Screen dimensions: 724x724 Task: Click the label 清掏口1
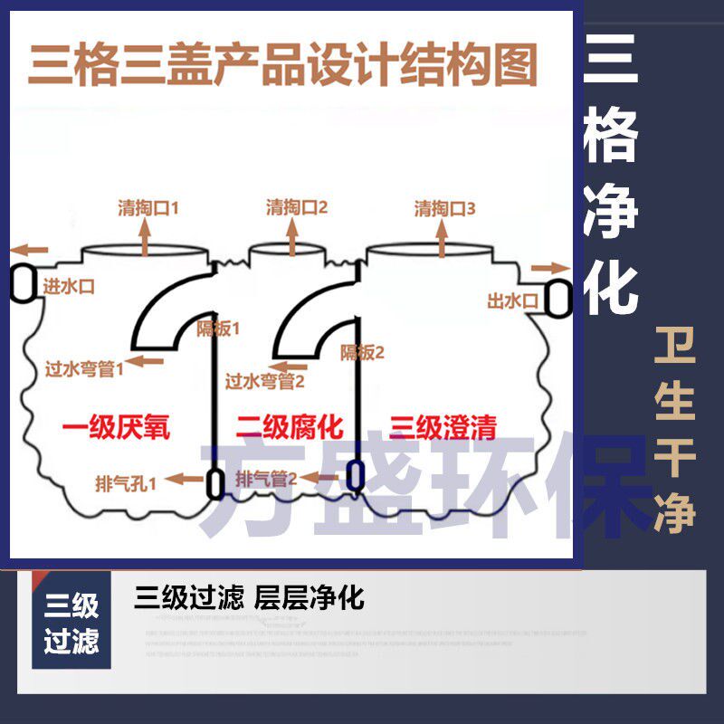click(148, 207)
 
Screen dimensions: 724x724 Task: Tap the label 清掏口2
click(296, 207)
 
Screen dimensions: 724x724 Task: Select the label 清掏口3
click(444, 207)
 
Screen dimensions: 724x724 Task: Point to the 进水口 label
click(69, 286)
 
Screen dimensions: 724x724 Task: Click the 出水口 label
click(513, 300)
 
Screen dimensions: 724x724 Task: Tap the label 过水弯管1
click(85, 367)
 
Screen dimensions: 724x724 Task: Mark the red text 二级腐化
click(290, 427)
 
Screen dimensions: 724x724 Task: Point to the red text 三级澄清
click(443, 427)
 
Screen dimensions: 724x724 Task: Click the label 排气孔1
click(126, 481)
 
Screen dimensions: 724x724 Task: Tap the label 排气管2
click(266, 480)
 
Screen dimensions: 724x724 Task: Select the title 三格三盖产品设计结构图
click(283, 65)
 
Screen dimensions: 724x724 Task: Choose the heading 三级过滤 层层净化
click(249, 598)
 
